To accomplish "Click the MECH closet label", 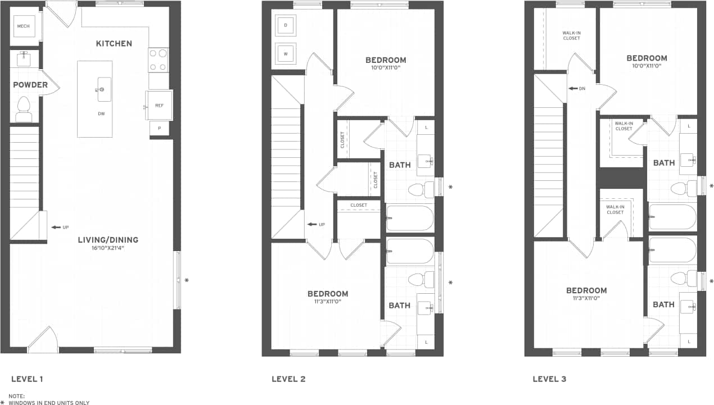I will (x=24, y=26).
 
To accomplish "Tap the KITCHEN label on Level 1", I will (x=114, y=44).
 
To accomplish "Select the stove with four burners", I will (x=159, y=60).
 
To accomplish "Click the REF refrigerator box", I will (x=159, y=105).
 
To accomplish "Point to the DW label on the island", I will (x=102, y=113).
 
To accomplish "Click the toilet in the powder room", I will (x=24, y=108).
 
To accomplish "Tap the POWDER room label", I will (x=31, y=85).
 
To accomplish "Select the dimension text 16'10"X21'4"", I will (x=109, y=248).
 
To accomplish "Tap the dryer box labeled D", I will (x=286, y=26).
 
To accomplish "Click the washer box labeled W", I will (x=286, y=54).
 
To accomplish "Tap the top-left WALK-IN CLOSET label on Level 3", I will (x=571, y=35).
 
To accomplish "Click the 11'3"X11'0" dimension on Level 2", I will (x=328, y=302).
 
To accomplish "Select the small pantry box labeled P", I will (x=160, y=129).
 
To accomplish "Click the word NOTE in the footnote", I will (x=17, y=397).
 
